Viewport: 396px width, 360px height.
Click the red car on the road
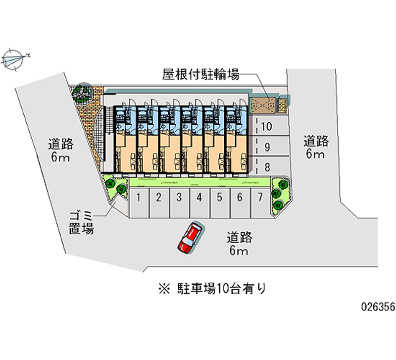tap(189, 238)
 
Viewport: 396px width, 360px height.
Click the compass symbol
tap(14, 58)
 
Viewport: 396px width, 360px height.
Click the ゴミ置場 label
tap(81, 223)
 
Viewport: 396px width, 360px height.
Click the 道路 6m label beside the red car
tap(240, 243)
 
